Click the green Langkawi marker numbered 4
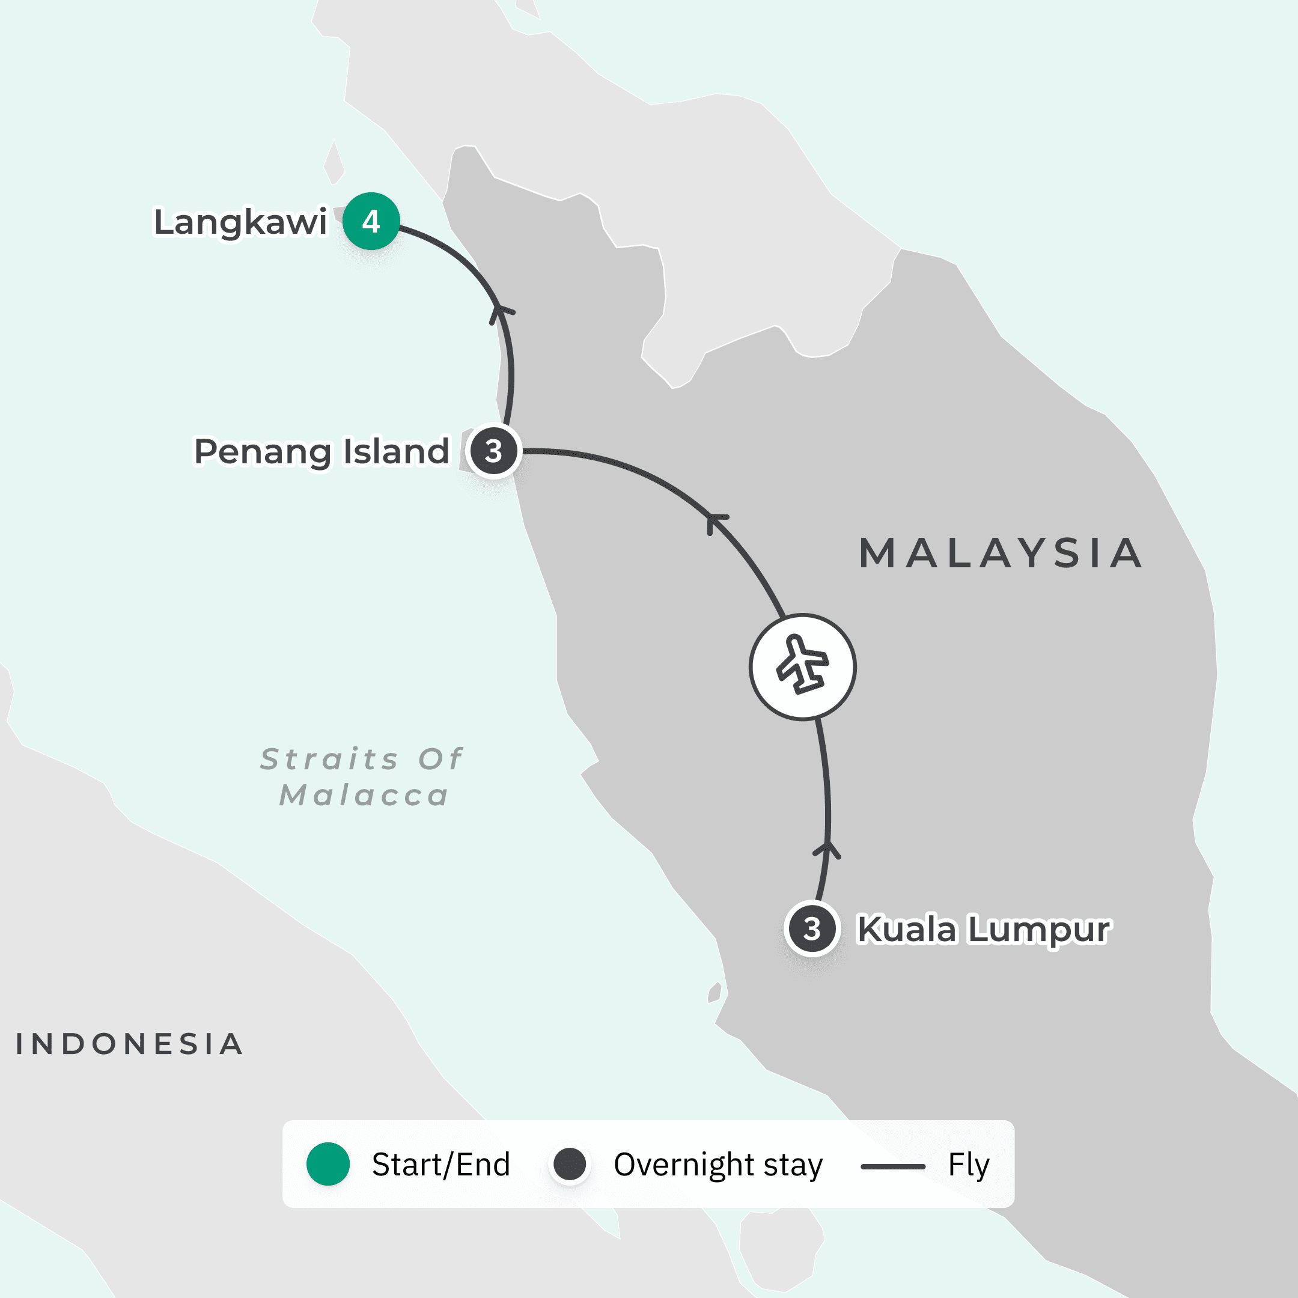(371, 221)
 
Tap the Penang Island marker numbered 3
(494, 451)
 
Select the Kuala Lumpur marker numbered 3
(812, 928)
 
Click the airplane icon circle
(802, 666)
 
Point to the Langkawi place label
(240, 222)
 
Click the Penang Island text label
(321, 451)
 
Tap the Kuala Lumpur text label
(984, 930)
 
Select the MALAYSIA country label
(1001, 553)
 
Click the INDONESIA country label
(130, 1044)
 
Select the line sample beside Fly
(893, 1166)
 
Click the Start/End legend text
(440, 1165)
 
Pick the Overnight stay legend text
(718, 1165)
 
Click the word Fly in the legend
(968, 1165)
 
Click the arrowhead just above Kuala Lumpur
(827, 849)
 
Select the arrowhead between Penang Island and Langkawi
(501, 312)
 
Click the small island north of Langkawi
(334, 163)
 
